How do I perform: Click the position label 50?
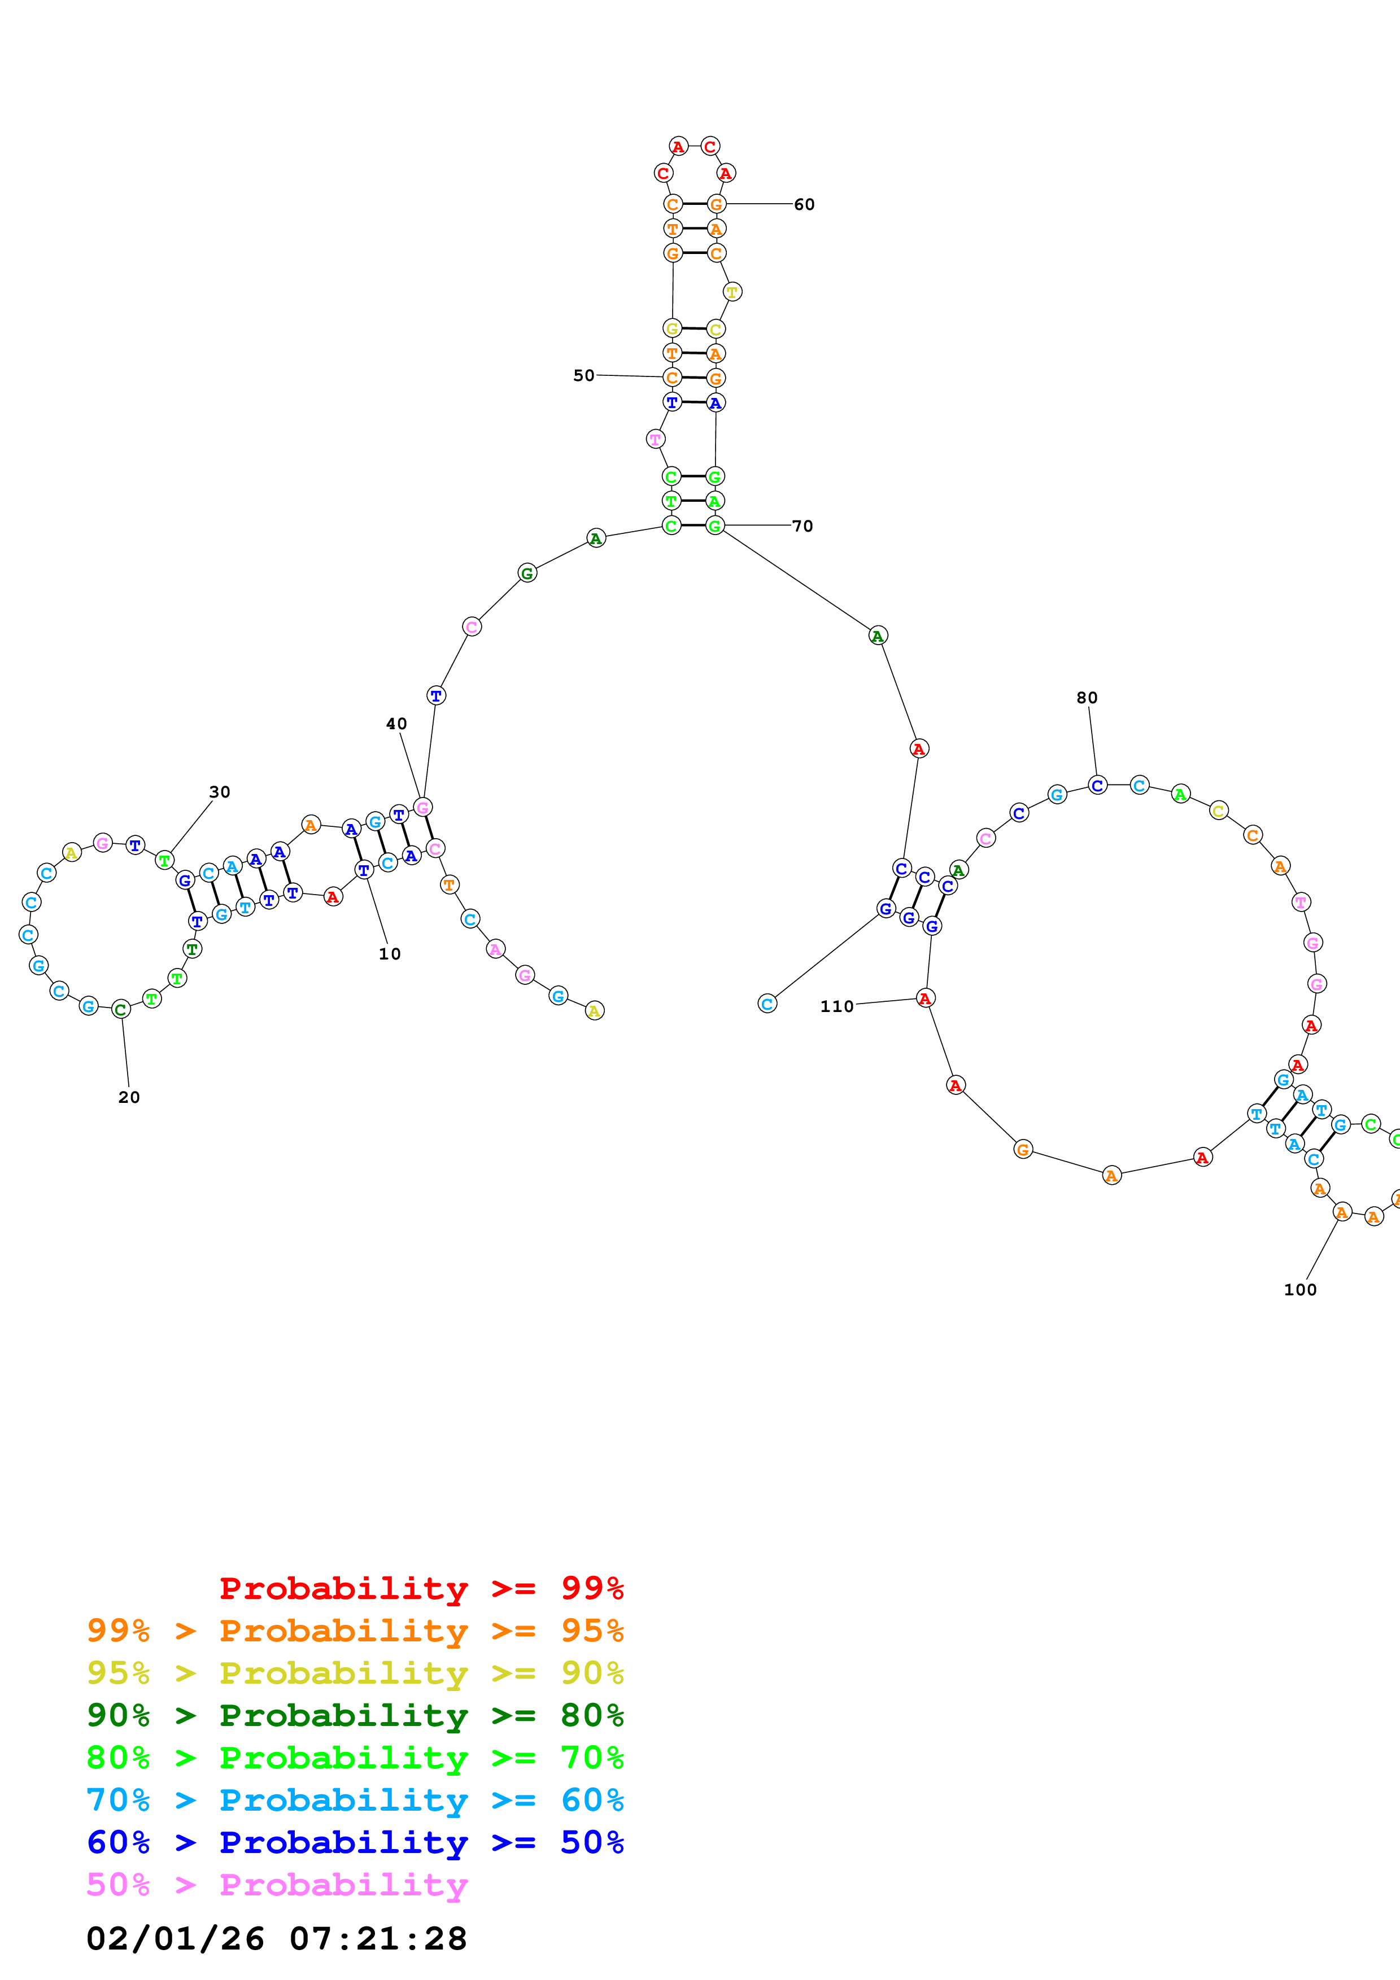click(x=584, y=375)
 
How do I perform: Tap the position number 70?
click(x=801, y=526)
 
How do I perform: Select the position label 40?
click(x=396, y=724)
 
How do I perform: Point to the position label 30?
click(x=219, y=792)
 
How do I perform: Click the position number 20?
click(x=129, y=1097)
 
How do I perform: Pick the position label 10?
click(x=389, y=954)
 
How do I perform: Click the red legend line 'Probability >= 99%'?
click(x=421, y=1588)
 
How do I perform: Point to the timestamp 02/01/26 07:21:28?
click(x=276, y=1939)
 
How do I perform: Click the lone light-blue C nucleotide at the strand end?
click(x=767, y=1003)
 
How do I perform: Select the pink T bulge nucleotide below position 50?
click(x=656, y=439)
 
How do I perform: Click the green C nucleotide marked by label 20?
click(x=121, y=1009)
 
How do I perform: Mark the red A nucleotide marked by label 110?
click(x=924, y=998)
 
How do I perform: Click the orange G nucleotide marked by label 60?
click(x=716, y=204)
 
